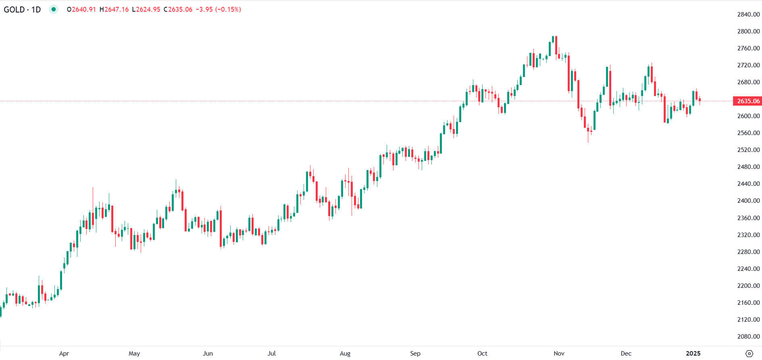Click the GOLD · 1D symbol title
22,9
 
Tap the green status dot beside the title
54,9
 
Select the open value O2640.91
81,9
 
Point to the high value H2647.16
114,9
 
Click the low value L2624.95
146,9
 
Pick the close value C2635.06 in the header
178,9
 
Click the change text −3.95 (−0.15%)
218,9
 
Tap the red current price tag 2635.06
747,101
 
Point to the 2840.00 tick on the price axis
748,15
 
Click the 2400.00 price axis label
748,201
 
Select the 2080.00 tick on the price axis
748,336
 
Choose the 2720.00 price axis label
748,65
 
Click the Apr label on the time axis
64,354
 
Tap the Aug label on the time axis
345,354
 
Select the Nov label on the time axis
559,354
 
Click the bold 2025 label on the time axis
693,354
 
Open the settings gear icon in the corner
749,354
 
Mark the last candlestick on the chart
700,100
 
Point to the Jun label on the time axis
208,354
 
